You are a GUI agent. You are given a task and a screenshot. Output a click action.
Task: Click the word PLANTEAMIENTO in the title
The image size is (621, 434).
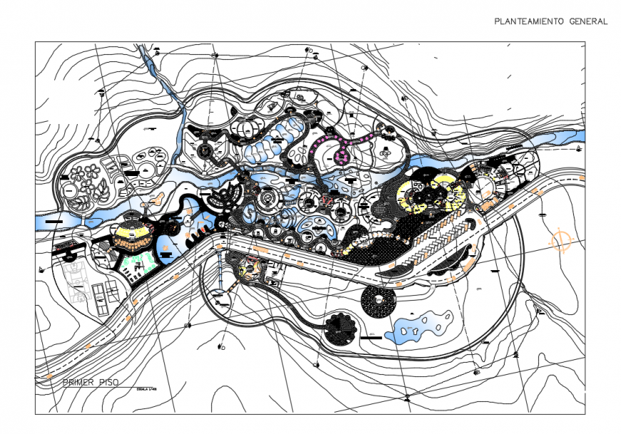(x=530, y=21)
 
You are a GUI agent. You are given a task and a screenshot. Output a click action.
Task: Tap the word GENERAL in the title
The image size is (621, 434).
(x=589, y=21)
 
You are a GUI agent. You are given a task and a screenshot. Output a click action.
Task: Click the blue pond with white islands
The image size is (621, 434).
(x=421, y=325)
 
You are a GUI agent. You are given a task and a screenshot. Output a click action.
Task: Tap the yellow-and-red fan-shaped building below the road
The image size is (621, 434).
(x=249, y=267)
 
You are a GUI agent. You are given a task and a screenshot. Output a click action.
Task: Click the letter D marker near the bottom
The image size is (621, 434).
(x=223, y=348)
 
